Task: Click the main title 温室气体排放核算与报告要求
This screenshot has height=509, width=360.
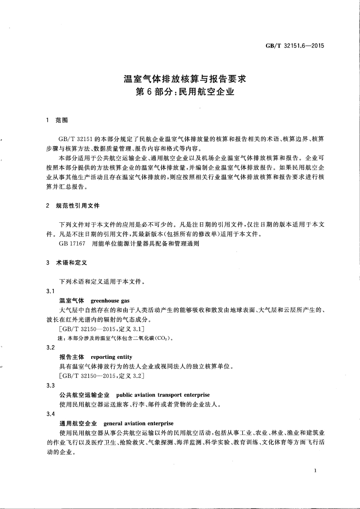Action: coord(185,78)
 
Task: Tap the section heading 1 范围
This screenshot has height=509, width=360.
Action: coord(57,121)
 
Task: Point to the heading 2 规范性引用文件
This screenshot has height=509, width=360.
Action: coord(73,206)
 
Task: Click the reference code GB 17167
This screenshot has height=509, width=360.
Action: coord(71,244)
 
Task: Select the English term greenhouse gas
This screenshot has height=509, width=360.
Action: coord(110,301)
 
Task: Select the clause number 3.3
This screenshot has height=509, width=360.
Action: coord(51,386)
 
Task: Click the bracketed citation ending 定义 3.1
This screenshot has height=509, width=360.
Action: coord(102,329)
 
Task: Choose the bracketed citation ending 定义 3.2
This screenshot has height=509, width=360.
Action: coord(102,376)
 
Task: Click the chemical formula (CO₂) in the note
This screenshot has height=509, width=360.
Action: coord(162,338)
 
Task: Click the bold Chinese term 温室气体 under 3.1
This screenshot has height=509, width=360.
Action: coord(72,301)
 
